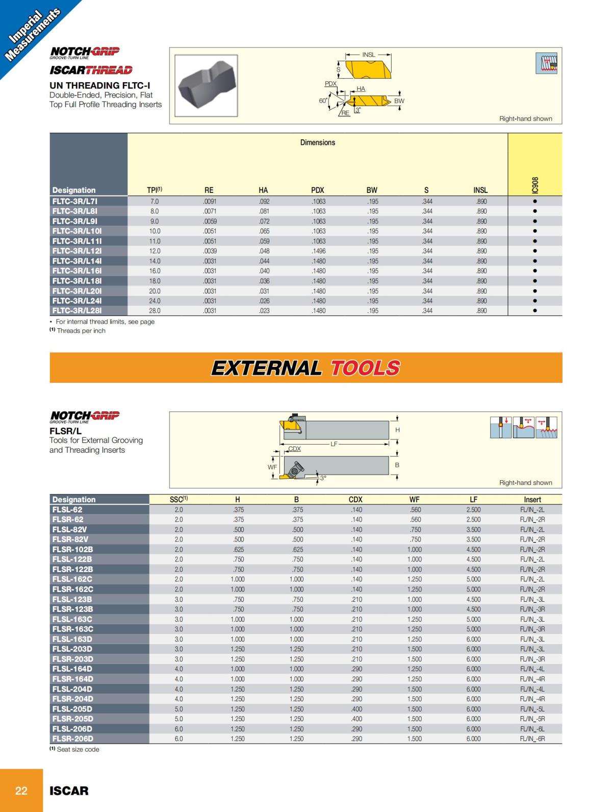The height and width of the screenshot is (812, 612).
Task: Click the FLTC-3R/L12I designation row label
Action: coord(77,251)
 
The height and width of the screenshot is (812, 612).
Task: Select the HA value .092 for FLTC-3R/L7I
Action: coord(264,202)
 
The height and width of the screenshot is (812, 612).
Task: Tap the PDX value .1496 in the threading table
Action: coord(318,251)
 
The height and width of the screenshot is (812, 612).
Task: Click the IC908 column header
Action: coord(534,185)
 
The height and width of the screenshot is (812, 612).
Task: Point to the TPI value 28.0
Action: coord(155,311)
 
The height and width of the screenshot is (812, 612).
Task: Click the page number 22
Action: coord(21,791)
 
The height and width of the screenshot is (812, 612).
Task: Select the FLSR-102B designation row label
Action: coord(73,550)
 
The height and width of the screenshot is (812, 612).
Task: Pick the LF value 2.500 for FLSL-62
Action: coord(473,510)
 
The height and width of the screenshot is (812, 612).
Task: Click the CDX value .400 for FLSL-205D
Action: coord(356,709)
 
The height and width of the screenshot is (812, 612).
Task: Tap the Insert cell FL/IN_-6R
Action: coord(532,739)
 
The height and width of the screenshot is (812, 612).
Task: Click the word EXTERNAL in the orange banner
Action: coord(266,368)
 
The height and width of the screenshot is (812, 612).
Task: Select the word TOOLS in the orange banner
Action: coord(365,368)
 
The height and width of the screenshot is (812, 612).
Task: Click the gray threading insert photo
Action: coord(206,86)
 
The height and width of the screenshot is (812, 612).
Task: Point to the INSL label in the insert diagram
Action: coord(368,55)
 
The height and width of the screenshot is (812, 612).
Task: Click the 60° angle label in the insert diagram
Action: coord(323,101)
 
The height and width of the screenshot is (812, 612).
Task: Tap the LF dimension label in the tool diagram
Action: coord(334,444)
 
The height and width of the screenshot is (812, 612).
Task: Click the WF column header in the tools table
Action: coord(415,500)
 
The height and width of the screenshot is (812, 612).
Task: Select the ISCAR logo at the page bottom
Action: coord(69,791)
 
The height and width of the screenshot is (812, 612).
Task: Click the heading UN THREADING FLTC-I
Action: coord(100,85)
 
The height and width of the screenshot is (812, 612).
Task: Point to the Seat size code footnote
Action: coord(74,749)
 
